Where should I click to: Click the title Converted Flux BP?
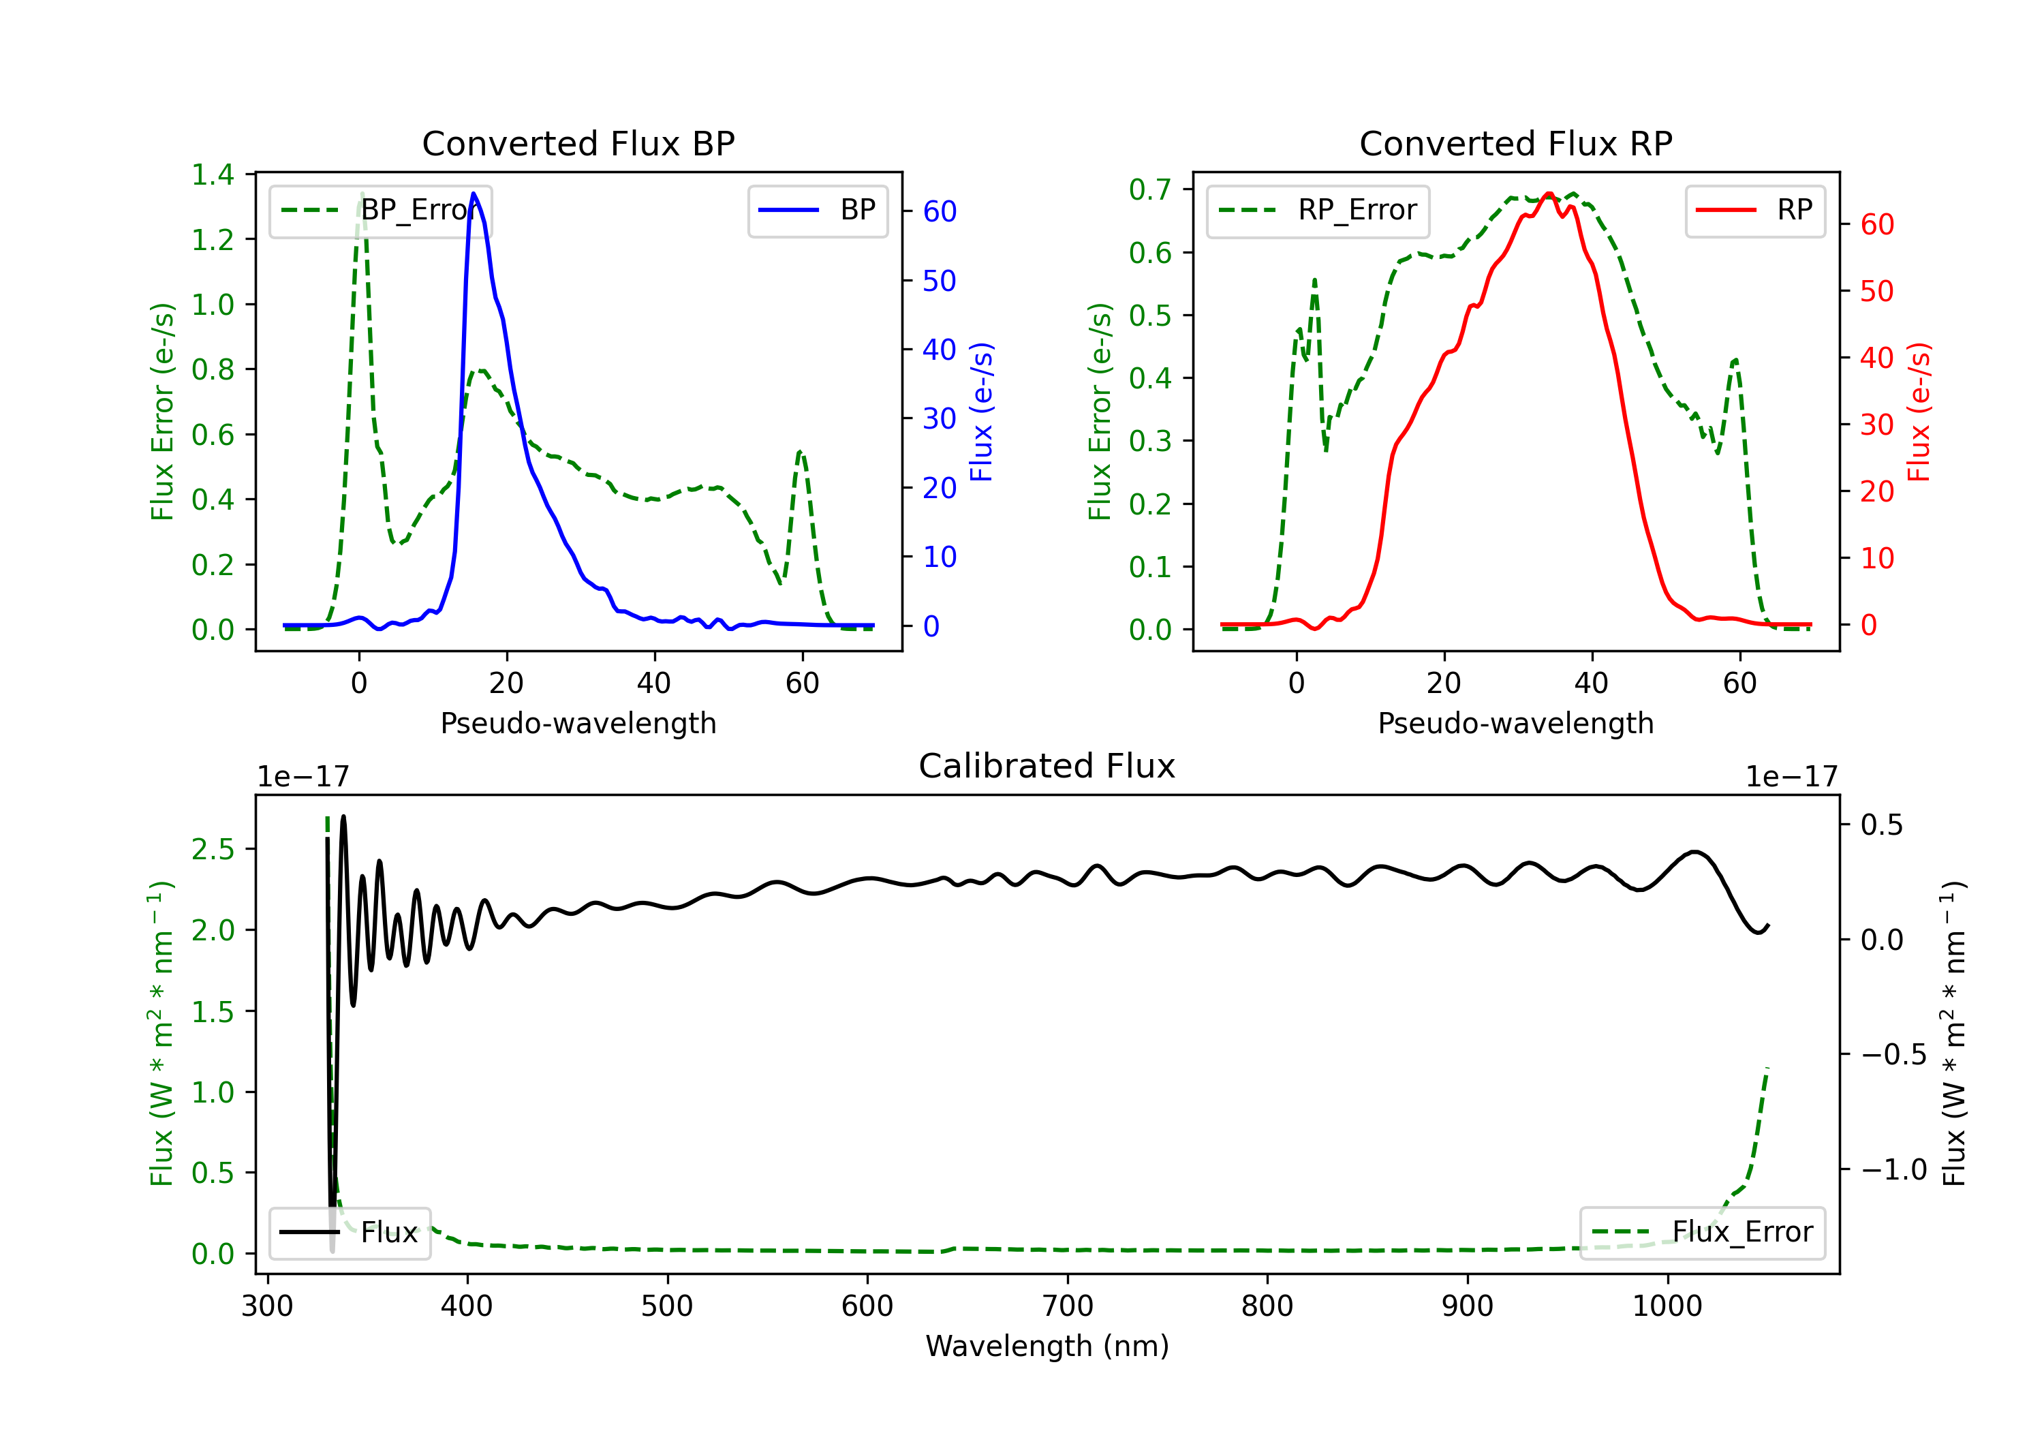[578, 143]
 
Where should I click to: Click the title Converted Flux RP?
[1515, 143]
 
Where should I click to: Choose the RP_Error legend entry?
[1318, 210]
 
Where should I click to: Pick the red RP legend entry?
[1754, 210]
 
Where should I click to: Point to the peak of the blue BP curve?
[474, 194]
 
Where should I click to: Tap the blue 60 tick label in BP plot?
[939, 211]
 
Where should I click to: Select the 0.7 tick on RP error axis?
[1150, 189]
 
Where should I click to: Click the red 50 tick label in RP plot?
[1876, 291]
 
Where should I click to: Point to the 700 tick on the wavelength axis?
[1068, 1306]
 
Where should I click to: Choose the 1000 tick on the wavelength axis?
[1667, 1306]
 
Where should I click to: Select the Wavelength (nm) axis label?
[1047, 1346]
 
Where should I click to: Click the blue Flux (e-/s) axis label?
[981, 412]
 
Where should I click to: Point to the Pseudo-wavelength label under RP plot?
[1515, 723]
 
